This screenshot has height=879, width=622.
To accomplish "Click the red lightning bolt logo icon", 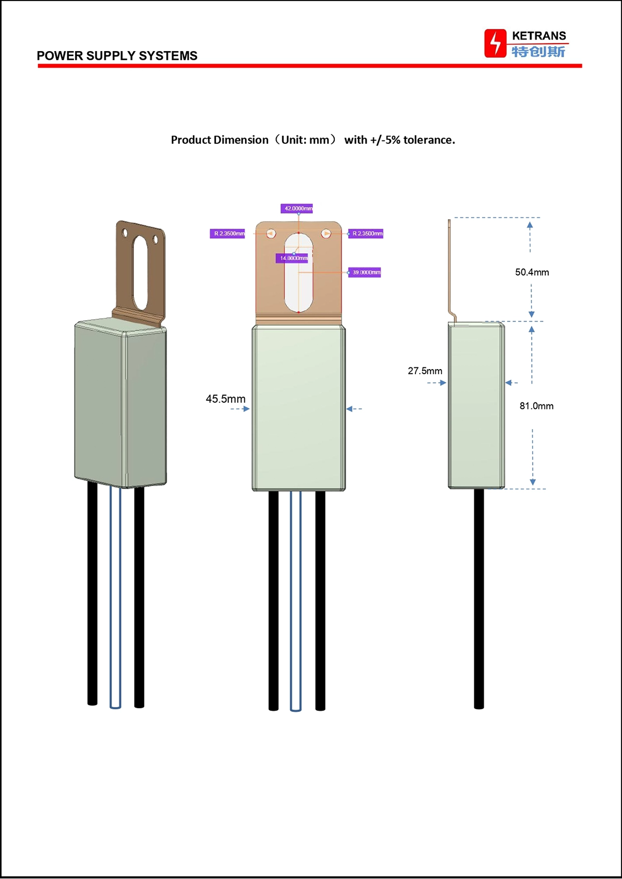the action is click(x=495, y=43).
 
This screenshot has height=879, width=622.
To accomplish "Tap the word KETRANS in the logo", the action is click(x=539, y=36).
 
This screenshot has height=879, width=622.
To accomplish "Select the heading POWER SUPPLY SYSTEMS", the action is click(x=117, y=55).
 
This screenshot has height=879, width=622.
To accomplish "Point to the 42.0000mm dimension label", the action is click(x=297, y=208).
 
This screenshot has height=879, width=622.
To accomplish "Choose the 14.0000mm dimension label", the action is click(x=292, y=258).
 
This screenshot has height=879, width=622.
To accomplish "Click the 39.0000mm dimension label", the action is click(x=364, y=272).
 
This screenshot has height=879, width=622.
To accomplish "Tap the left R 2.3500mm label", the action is click(x=227, y=234).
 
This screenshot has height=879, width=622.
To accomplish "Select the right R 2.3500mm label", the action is click(x=365, y=234).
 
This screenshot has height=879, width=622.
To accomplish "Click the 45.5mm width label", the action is click(x=225, y=398).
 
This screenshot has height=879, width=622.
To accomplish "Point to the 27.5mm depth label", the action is click(x=425, y=371).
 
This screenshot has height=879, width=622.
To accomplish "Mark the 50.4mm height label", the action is click(x=532, y=272).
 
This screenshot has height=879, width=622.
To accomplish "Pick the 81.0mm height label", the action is click(x=536, y=406).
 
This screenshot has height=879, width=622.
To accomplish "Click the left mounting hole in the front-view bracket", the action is click(x=271, y=234).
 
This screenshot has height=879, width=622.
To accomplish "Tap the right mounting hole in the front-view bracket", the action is click(x=326, y=234).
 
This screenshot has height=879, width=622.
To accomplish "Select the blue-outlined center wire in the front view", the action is click(x=295, y=601).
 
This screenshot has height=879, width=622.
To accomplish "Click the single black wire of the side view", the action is click(x=479, y=599).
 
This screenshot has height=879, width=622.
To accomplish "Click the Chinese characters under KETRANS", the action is click(x=538, y=52).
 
